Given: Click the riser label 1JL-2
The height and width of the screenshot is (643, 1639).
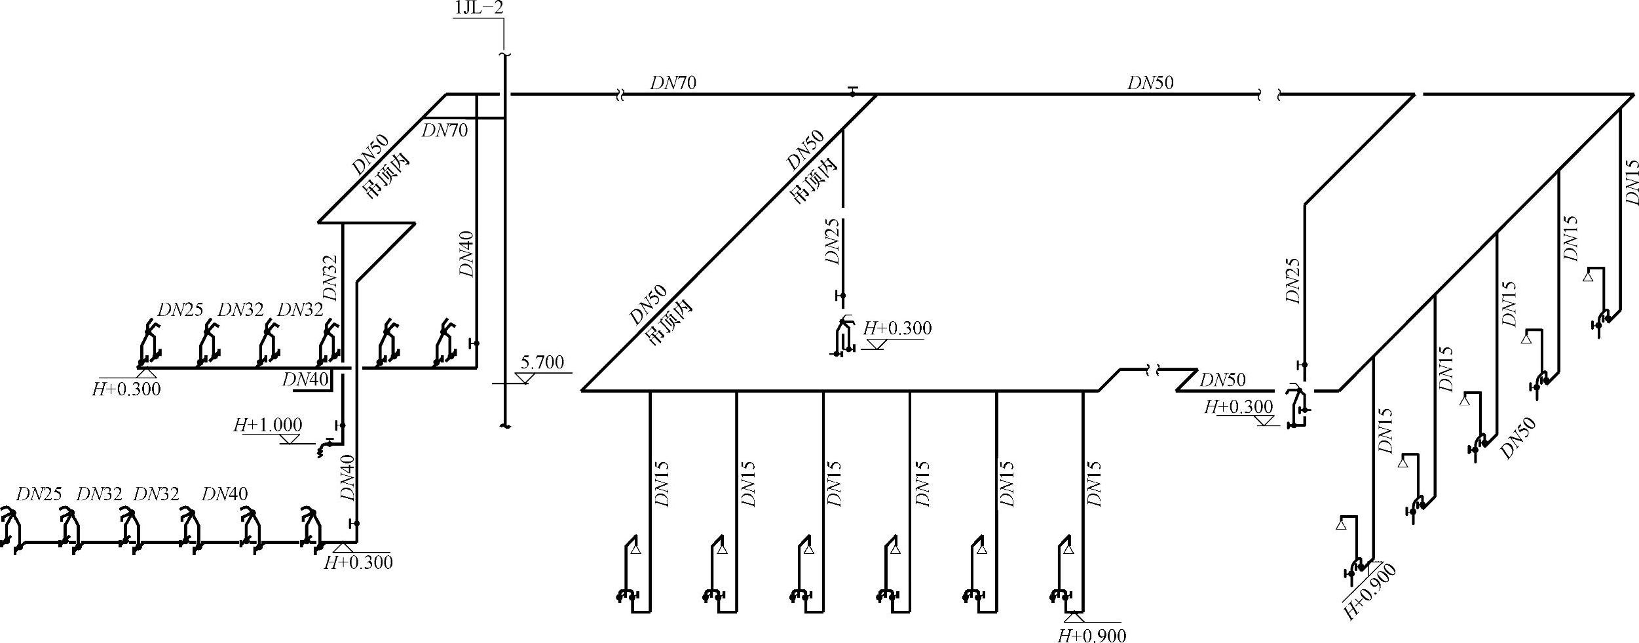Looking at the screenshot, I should [x=478, y=9].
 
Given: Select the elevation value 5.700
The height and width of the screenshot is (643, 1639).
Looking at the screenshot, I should [x=542, y=362].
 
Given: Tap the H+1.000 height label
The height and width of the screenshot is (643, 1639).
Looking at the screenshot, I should [x=268, y=425].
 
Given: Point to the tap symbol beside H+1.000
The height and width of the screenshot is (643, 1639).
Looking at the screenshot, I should [x=323, y=448].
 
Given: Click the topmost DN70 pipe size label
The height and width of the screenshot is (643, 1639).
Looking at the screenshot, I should [x=673, y=83].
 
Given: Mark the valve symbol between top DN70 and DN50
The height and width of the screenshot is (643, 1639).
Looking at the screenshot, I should [x=852, y=91].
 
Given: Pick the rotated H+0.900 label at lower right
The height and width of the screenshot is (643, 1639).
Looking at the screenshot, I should [x=1370, y=592].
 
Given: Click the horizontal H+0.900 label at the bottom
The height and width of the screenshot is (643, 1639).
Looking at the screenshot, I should [x=1092, y=634].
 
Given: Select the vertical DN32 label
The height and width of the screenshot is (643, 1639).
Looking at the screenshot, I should [x=331, y=278].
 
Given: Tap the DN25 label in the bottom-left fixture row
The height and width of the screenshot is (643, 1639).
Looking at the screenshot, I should [x=39, y=494].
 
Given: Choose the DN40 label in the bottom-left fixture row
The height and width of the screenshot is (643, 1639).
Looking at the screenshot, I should [x=225, y=494].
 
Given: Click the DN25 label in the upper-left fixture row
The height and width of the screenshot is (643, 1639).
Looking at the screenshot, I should [x=181, y=310].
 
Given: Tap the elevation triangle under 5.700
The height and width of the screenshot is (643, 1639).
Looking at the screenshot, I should [x=525, y=378].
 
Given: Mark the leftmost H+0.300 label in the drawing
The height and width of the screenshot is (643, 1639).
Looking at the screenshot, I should [x=126, y=389].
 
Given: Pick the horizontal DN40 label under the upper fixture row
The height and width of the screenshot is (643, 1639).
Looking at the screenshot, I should [x=305, y=380].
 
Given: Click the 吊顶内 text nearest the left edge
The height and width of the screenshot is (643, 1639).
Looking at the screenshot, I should [x=386, y=176].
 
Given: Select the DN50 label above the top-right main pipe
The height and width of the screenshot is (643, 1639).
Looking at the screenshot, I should [x=1150, y=83].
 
